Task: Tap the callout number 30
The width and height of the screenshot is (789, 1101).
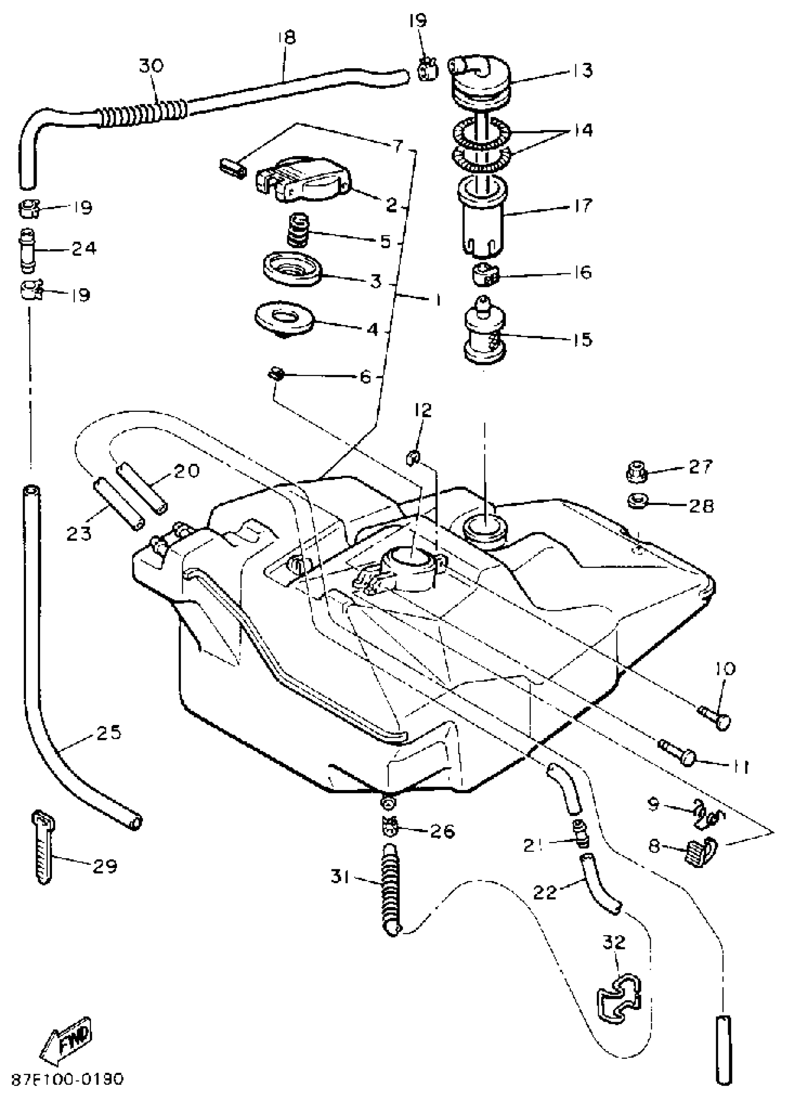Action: (151, 65)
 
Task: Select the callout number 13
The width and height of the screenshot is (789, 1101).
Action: (581, 71)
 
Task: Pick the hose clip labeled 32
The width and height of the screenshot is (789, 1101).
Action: (618, 996)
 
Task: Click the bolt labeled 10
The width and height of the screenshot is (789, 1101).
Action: (718, 721)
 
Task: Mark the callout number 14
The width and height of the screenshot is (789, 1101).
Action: (582, 130)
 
